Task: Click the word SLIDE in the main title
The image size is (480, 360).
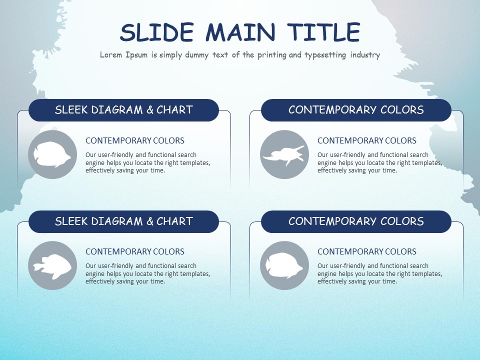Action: pyautogui.click(x=156, y=33)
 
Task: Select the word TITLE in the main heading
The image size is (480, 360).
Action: pyautogui.click(x=323, y=33)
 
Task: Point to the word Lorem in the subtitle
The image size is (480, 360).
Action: pyautogui.click(x=110, y=55)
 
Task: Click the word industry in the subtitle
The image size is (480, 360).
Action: pyautogui.click(x=365, y=55)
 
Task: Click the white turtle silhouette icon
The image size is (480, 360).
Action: pyautogui.click(x=283, y=154)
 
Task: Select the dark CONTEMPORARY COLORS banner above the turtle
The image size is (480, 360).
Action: pyautogui.click(x=356, y=110)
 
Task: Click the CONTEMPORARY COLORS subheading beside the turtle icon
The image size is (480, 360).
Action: pyautogui.click(x=367, y=140)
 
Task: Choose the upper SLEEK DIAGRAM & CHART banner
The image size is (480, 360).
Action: pyautogui.click(x=123, y=110)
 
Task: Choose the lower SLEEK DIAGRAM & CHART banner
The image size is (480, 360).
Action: pyautogui.click(x=123, y=221)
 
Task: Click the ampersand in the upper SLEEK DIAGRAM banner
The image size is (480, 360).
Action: pyautogui.click(x=150, y=110)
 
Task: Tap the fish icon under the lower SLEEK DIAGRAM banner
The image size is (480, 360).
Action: pyautogui.click(x=52, y=265)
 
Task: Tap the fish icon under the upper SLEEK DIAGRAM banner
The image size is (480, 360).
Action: pyautogui.click(x=52, y=154)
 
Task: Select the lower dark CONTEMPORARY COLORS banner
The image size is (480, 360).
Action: pyautogui.click(x=356, y=221)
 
